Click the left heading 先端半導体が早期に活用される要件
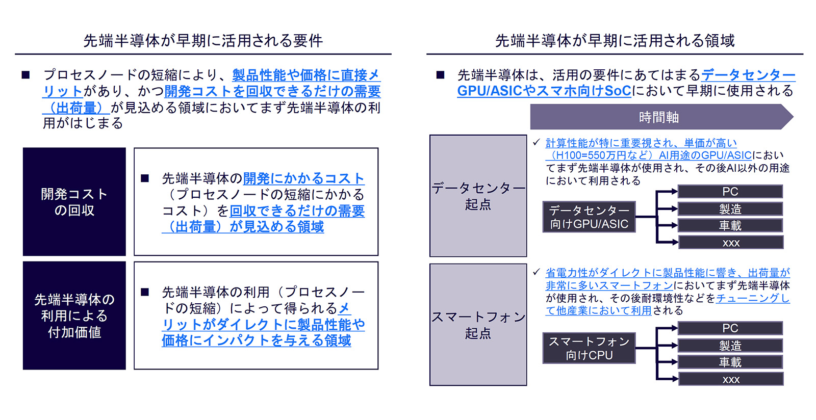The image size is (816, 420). click(x=203, y=40)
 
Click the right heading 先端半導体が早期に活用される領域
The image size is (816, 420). click(x=615, y=40)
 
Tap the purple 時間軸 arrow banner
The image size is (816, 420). click(x=661, y=117)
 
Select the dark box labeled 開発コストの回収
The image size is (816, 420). click(x=74, y=202)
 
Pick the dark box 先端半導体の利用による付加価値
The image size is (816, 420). click(x=74, y=316)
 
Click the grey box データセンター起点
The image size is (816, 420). click(x=478, y=196)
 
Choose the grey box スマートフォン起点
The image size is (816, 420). click(x=478, y=325)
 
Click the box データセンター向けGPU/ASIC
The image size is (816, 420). click(x=589, y=217)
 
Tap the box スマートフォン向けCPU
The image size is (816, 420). click(x=589, y=348)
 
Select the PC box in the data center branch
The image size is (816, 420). click(x=730, y=192)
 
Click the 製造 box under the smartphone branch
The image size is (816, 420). click(x=730, y=346)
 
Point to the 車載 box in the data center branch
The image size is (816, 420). click(x=730, y=226)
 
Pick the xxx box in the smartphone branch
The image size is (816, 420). click(x=730, y=379)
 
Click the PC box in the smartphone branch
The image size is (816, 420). click(x=730, y=328)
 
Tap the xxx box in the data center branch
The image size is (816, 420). click(x=730, y=243)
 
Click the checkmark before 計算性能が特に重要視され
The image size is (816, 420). click(x=536, y=142)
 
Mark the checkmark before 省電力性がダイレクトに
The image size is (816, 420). click(x=536, y=272)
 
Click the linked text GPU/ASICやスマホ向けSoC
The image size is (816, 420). click(x=544, y=91)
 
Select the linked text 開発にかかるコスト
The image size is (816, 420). click(x=304, y=178)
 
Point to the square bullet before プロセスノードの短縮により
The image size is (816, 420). click(x=25, y=75)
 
